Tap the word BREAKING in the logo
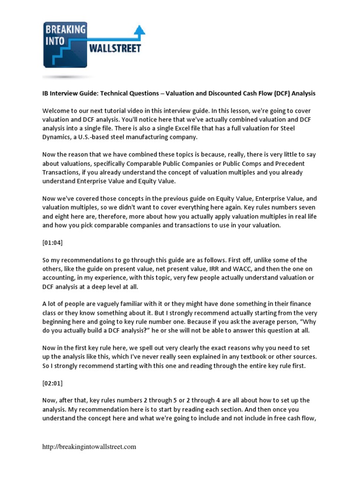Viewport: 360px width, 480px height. point(66,30)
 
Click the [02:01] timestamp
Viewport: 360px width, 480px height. point(52,383)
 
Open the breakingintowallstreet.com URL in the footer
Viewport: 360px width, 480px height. point(89,447)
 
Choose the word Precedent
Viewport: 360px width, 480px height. point(288,163)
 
